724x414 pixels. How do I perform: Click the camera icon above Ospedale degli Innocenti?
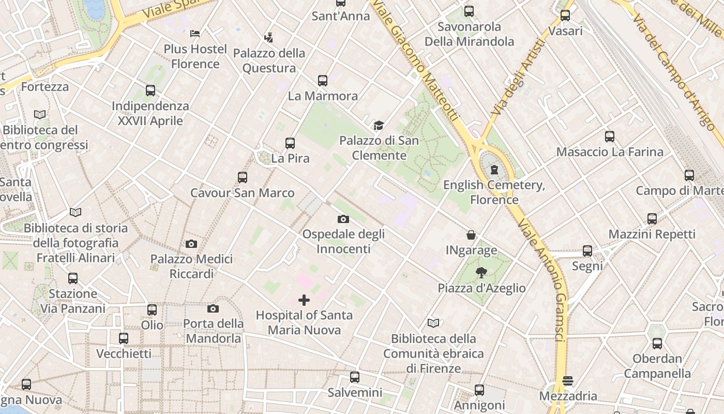[343, 219]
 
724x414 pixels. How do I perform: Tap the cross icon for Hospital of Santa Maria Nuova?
[304, 300]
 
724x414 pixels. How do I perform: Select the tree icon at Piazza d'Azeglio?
[481, 273]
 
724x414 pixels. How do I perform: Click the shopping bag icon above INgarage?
[471, 235]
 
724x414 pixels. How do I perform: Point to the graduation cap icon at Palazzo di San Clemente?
[379, 125]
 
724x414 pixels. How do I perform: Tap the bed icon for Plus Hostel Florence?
[195, 34]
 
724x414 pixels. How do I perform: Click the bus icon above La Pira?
[290, 143]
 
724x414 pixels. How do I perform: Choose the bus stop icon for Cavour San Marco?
[243, 178]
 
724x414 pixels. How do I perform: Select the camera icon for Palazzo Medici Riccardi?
[191, 244]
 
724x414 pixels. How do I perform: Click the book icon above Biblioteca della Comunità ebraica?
[433, 323]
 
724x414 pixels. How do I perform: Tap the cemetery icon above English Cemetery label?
[494, 169]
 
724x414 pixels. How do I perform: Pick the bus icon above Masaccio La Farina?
[610, 137]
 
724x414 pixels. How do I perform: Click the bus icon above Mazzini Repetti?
[652, 219]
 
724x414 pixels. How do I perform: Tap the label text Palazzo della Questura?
[269, 61]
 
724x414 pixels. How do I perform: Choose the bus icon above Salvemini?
[355, 377]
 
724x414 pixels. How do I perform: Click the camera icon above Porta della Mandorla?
[213, 309]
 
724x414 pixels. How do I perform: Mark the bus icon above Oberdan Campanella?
[657, 344]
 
